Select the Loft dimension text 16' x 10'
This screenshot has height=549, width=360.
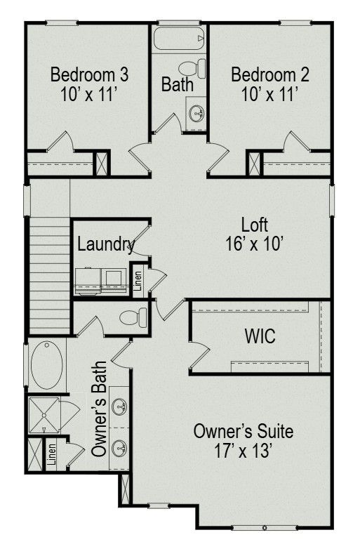point(254,244)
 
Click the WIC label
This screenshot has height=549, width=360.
point(260,336)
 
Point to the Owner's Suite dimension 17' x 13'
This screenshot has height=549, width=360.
point(243,451)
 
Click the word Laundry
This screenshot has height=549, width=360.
point(106,244)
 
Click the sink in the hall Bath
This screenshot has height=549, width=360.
point(196,113)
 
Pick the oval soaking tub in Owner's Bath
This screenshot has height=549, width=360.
point(47,365)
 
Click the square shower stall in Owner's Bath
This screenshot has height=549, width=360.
point(44,415)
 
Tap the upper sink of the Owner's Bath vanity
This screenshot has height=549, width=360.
point(120,407)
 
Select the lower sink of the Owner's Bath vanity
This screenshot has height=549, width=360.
point(120,448)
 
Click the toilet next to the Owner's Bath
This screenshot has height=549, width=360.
point(133,317)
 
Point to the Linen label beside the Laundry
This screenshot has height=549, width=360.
point(138,281)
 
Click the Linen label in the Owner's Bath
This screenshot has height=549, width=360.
point(52,454)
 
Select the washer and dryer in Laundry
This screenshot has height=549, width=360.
point(101,282)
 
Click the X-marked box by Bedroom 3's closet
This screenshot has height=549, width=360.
point(102,164)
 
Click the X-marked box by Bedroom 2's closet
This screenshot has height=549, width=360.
point(254,164)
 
